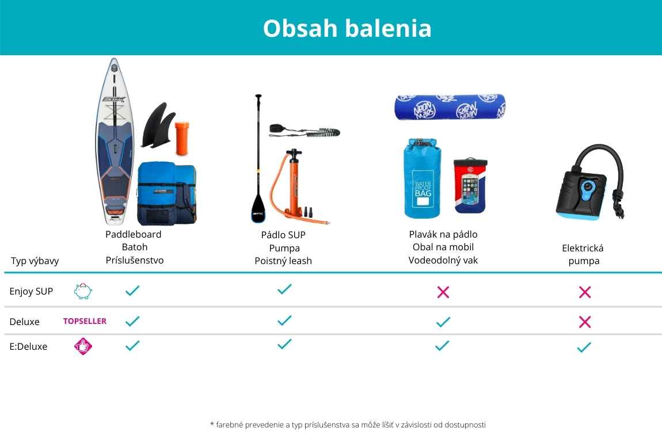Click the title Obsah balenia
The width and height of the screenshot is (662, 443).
point(347,28)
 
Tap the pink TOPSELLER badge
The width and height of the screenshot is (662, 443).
point(85,321)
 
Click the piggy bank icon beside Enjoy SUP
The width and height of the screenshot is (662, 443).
point(83,291)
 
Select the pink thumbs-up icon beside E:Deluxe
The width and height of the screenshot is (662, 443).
point(83,346)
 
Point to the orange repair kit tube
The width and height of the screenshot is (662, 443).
point(182,139)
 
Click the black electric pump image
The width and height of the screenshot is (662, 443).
point(590,182)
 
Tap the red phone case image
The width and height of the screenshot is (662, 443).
point(470,186)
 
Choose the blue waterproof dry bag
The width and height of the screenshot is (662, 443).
point(423,178)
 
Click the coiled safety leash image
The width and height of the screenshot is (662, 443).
point(305,131)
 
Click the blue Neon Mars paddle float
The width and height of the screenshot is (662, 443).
point(450,107)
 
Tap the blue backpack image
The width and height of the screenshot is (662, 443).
point(167,193)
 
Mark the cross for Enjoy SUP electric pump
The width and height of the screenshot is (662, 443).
point(585,292)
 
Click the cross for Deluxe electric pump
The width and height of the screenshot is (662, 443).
point(585,322)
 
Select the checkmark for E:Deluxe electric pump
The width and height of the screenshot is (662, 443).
point(584,347)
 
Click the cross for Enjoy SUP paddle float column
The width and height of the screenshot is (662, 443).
point(443,292)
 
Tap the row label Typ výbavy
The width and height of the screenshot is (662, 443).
point(35,261)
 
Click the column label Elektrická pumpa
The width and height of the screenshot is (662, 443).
point(583,254)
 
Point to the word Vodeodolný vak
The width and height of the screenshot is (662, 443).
point(443,260)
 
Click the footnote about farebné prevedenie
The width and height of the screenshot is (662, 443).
point(348,425)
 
